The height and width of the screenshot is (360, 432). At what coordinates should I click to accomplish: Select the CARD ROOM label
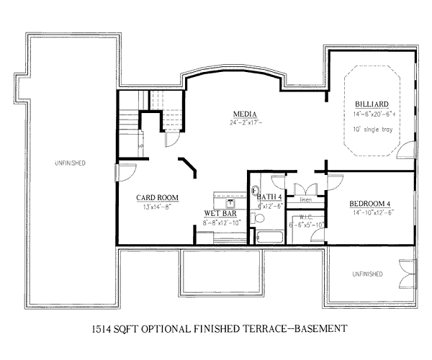158,198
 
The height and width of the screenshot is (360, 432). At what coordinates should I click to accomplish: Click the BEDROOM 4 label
371,203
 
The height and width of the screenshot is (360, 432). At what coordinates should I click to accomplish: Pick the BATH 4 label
269,197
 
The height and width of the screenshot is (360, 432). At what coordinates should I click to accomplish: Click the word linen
305,199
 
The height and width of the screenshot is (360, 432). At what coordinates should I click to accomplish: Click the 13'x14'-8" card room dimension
157,207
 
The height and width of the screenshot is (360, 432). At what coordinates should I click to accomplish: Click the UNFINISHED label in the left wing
70,163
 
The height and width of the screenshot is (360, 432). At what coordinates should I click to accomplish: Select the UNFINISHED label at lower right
367,274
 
